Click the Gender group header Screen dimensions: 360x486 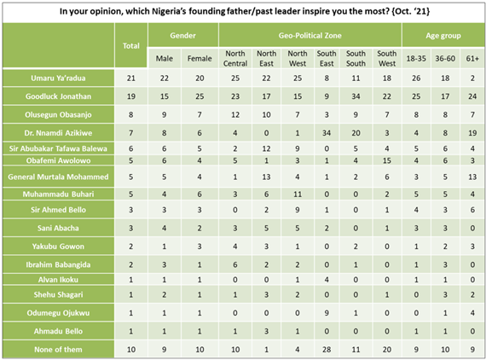pos(182,37)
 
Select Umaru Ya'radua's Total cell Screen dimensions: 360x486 pos(131,78)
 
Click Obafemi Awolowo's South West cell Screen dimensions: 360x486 pos(387,160)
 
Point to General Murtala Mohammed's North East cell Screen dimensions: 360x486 pos(267,177)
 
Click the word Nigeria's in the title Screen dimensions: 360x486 pos(193,10)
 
